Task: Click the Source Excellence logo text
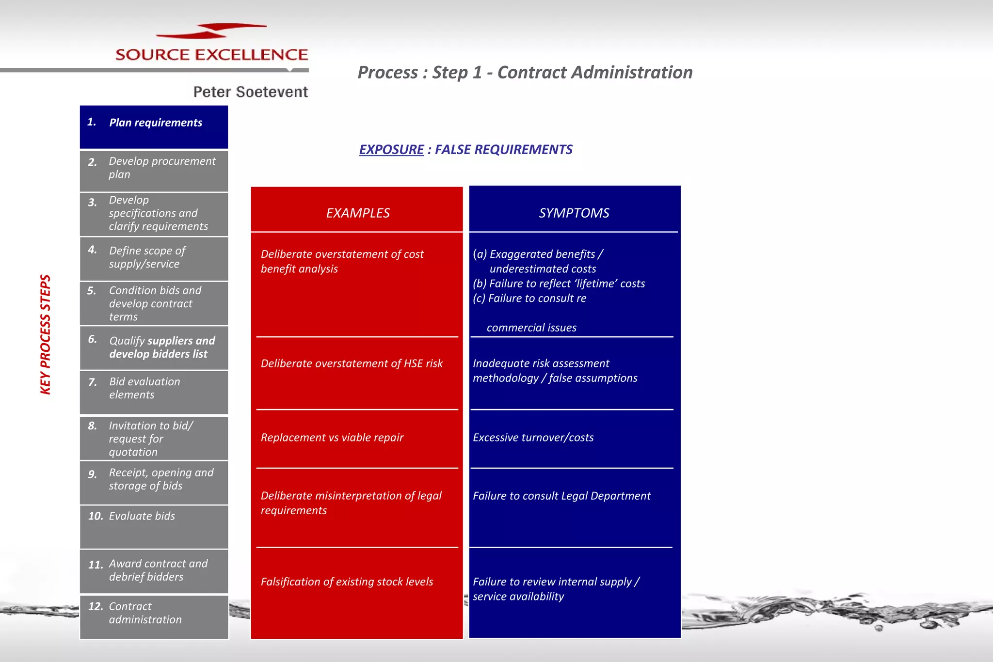211,54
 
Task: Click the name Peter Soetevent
250,92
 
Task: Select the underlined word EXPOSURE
391,149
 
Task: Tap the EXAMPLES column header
357,213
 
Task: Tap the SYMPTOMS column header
574,213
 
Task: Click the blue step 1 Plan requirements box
154,126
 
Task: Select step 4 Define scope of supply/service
154,258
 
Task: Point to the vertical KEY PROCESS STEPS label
45,334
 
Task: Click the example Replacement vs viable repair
332,438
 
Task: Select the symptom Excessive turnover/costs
533,438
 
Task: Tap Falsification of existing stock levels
347,582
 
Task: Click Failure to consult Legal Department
561,496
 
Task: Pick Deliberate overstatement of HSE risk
352,363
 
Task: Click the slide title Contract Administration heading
525,72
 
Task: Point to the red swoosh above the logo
211,31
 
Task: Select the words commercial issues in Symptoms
531,328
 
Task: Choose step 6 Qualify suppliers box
154,347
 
